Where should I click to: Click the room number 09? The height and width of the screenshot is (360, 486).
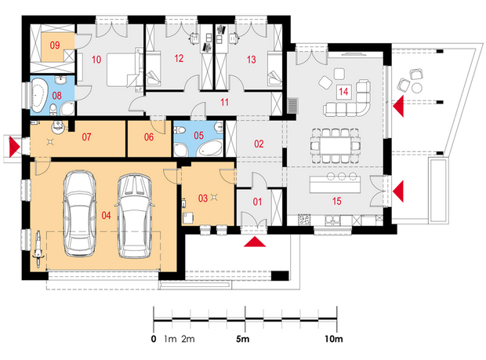(55, 45)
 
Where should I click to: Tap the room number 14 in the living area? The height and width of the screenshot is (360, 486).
(343, 92)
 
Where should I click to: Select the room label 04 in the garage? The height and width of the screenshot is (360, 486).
(106, 215)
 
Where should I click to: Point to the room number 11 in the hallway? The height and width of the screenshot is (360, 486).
(224, 102)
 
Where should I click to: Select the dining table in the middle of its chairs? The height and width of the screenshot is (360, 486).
(335, 145)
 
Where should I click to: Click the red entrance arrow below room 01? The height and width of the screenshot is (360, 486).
(255, 242)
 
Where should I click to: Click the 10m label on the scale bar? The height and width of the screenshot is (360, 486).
(334, 339)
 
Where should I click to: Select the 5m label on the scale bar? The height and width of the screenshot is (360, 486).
(243, 339)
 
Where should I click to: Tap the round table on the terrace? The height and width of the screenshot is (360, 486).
(417, 88)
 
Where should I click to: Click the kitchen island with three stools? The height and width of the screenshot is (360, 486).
(335, 184)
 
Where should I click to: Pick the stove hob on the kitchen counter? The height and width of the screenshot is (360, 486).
(304, 220)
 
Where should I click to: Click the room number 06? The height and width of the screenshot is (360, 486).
(149, 136)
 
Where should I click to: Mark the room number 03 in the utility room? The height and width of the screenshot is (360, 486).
(203, 198)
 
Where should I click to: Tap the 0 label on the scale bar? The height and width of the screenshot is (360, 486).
(154, 339)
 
